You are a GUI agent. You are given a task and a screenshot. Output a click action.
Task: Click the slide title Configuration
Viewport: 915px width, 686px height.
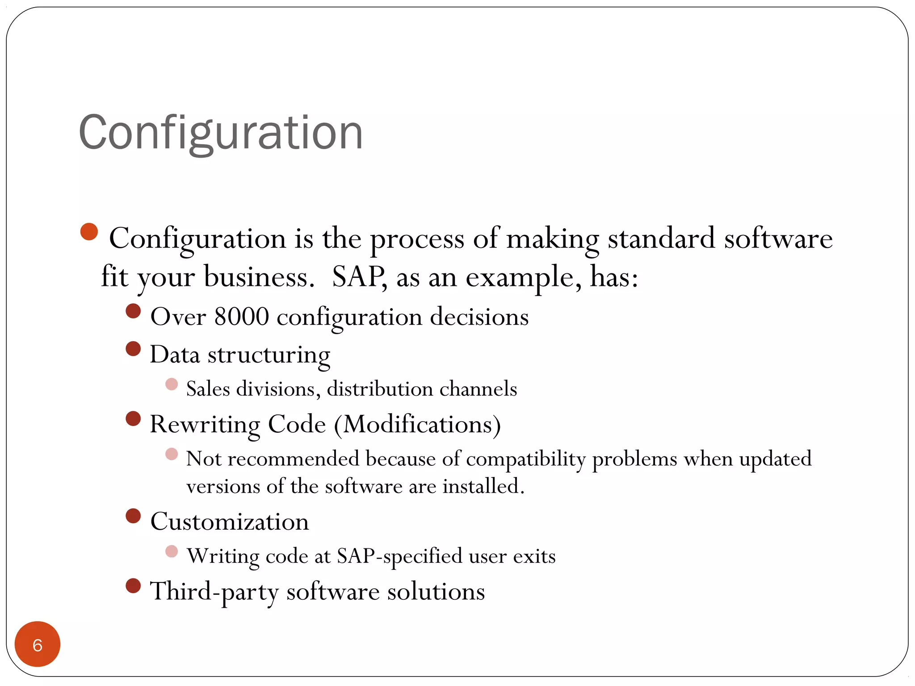tap(221, 133)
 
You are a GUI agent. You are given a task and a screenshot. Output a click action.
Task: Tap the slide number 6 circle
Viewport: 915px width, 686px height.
tap(38, 644)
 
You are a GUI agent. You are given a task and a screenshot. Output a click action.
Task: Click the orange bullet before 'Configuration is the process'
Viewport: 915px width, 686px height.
tap(89, 232)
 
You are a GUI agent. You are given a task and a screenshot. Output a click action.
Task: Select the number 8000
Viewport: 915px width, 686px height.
tap(241, 317)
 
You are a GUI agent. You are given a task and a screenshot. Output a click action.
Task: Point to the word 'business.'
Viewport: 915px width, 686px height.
tap(260, 277)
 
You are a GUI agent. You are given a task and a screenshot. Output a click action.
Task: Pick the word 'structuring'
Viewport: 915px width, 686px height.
tap(269, 356)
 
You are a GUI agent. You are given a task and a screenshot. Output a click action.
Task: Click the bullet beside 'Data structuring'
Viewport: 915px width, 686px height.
tap(133, 348)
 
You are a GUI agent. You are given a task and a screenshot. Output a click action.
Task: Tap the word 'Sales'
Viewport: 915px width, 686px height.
tap(208, 389)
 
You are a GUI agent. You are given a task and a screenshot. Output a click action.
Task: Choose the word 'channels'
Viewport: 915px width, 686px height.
tap(478, 389)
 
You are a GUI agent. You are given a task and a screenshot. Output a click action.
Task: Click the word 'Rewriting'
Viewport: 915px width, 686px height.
tap(205, 424)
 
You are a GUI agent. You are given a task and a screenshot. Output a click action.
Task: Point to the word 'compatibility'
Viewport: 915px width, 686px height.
tap(525, 459)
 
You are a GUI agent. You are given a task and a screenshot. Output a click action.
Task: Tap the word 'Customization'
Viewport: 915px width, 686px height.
tap(230, 522)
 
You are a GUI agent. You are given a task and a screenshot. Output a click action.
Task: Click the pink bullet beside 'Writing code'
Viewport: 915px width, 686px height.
tap(172, 552)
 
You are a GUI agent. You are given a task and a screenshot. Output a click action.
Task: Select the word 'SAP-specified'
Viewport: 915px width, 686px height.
tap(399, 556)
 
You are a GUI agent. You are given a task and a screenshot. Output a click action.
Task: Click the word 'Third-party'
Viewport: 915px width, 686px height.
tap(214, 592)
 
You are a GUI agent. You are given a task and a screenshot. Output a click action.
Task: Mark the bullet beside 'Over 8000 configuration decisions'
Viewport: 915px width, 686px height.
tap(133, 311)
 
